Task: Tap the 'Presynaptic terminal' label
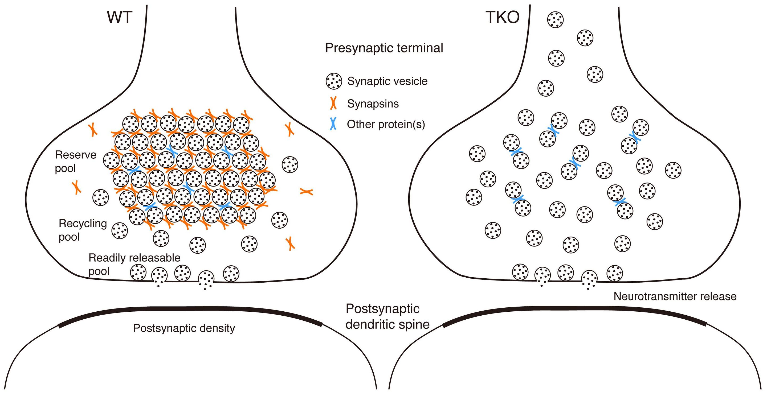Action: tap(384, 48)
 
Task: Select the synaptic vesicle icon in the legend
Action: tap(333, 81)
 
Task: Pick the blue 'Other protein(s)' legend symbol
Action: tap(333, 124)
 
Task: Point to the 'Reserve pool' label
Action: tap(75, 161)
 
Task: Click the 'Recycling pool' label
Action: tap(83, 230)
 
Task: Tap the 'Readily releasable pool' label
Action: tap(134, 264)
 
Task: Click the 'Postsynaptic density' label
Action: tap(184, 328)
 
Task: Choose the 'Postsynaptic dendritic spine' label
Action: tap(387, 317)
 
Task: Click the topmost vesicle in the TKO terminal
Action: tap(555, 20)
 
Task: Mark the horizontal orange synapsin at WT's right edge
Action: tap(306, 192)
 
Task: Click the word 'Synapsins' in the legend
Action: tap(373, 104)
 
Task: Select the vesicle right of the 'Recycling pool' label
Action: tap(120, 230)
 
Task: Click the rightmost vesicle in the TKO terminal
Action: tap(673, 170)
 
